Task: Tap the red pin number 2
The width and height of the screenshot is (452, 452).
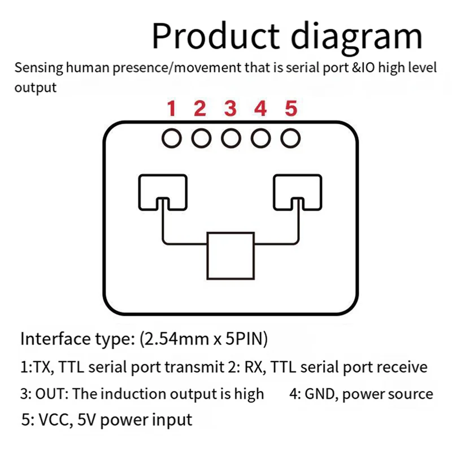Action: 200,108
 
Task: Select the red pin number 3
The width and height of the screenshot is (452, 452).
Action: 229,108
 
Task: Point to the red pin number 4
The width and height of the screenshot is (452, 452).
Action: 260,108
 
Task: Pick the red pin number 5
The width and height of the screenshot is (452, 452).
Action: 290,108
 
